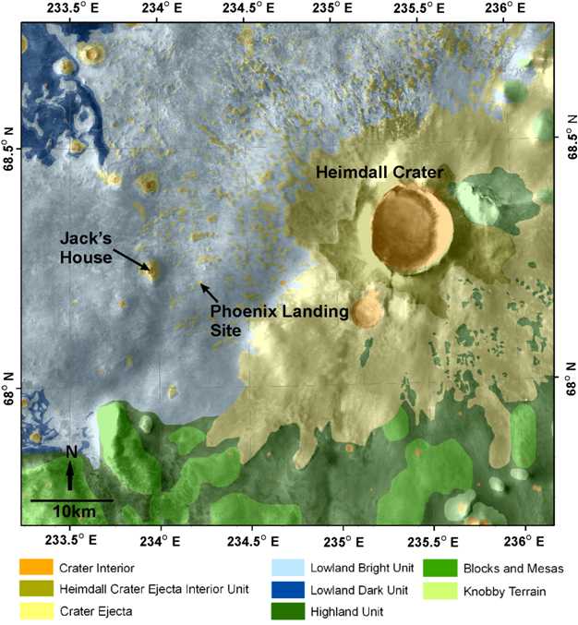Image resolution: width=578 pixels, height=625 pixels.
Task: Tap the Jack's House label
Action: click(x=86, y=246)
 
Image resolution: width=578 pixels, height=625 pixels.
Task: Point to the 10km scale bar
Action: click(x=71, y=500)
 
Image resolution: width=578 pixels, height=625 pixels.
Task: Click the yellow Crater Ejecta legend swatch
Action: click(x=38, y=609)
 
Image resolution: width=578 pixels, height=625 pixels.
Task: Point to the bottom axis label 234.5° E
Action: click(x=247, y=541)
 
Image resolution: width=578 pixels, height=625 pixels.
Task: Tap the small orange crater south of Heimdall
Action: click(x=367, y=309)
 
